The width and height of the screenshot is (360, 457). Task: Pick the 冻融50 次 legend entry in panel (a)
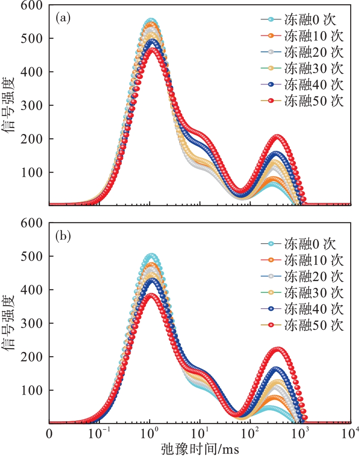(x=302, y=102)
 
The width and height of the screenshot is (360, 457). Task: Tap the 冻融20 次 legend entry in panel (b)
(x=302, y=276)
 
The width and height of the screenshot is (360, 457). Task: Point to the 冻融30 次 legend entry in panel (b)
(x=302, y=293)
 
